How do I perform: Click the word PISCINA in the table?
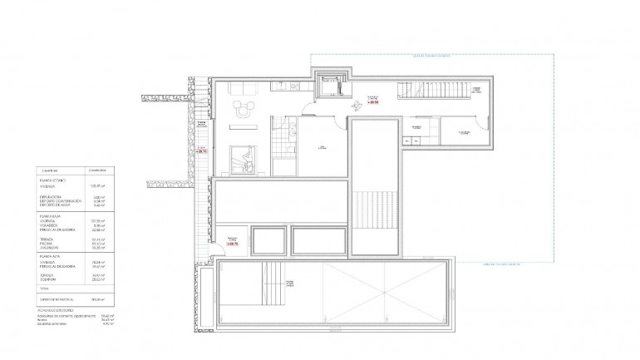coord(46,242)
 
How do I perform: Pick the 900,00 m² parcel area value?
coord(97,299)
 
